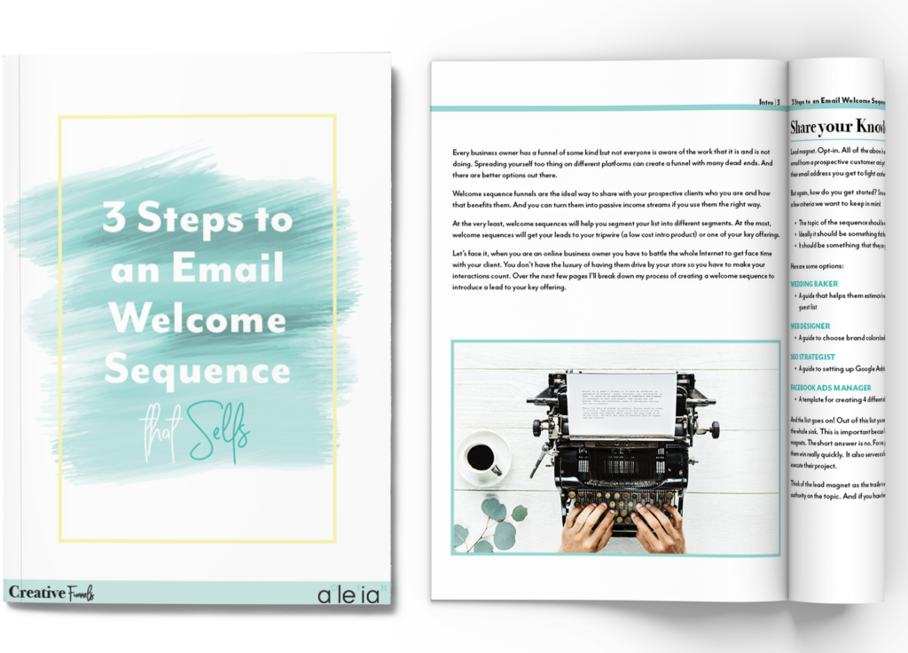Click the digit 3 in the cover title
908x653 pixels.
[113, 217]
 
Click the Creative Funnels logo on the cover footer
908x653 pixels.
[51, 593]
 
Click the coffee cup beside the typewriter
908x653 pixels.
[481, 458]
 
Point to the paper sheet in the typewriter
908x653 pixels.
[621, 405]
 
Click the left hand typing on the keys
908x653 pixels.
[587, 529]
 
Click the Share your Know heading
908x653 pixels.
[837, 128]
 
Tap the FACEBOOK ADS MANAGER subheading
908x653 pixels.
[831, 388]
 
